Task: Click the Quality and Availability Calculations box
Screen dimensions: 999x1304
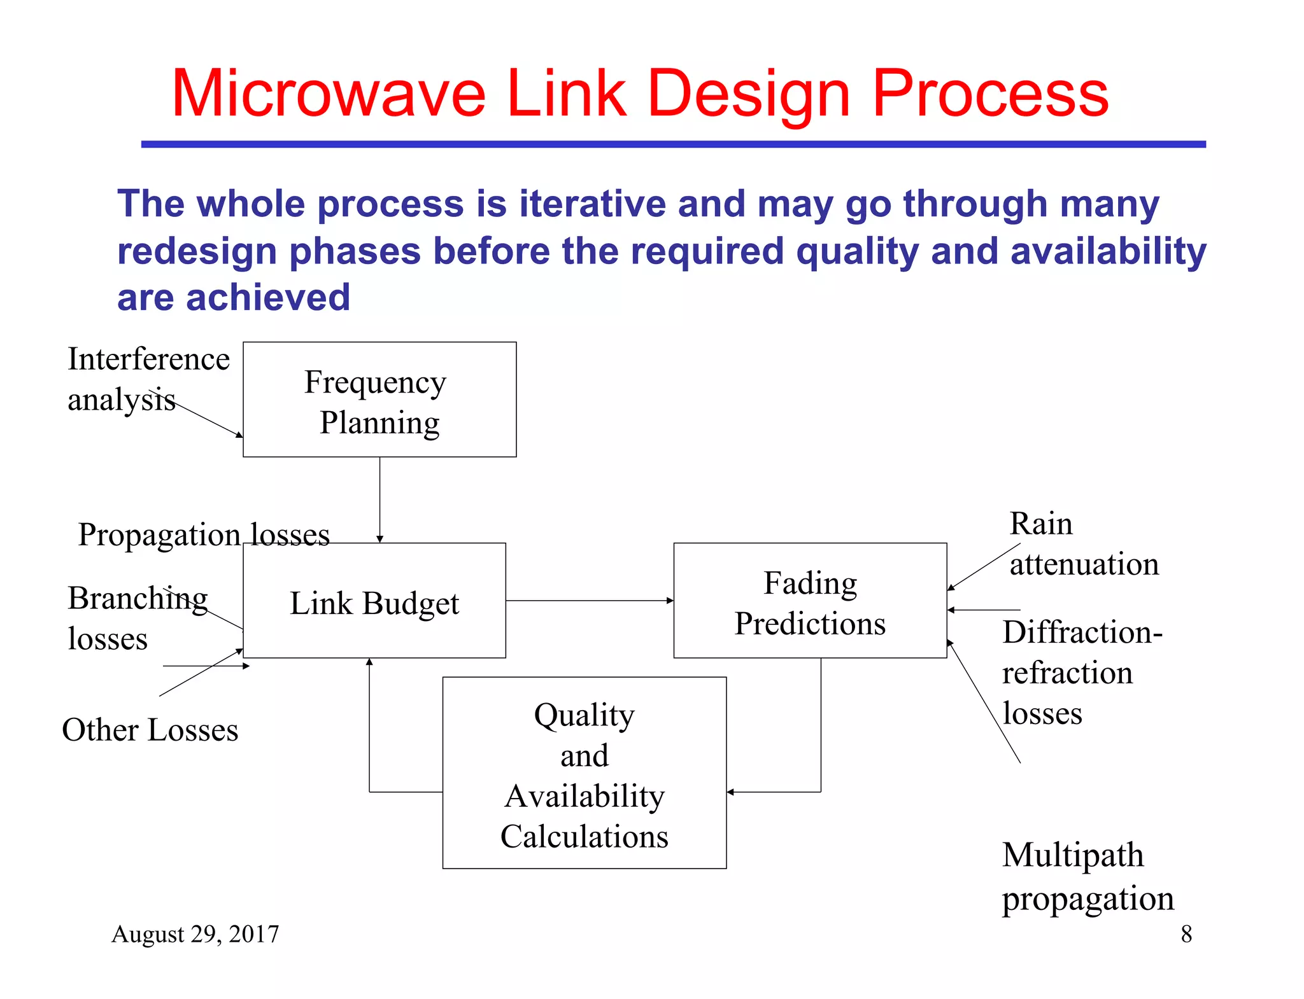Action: pos(584,774)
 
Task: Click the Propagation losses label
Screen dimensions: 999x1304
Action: pos(204,534)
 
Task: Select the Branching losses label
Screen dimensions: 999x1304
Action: pos(137,617)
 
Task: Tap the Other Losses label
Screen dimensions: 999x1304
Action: pos(150,730)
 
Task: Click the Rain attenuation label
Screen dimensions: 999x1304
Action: pos(1082,544)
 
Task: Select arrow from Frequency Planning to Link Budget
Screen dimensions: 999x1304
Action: pos(379,499)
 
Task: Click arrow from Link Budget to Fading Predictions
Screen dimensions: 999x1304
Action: pos(589,600)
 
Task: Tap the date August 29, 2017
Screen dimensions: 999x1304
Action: pos(195,934)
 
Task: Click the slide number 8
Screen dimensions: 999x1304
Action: pos(1186,934)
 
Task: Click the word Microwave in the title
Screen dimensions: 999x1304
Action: pos(328,94)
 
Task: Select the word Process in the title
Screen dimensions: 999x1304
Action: pos(990,94)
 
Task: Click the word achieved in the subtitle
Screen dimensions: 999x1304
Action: pos(267,298)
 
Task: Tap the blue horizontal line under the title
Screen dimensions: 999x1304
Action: pos(673,144)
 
